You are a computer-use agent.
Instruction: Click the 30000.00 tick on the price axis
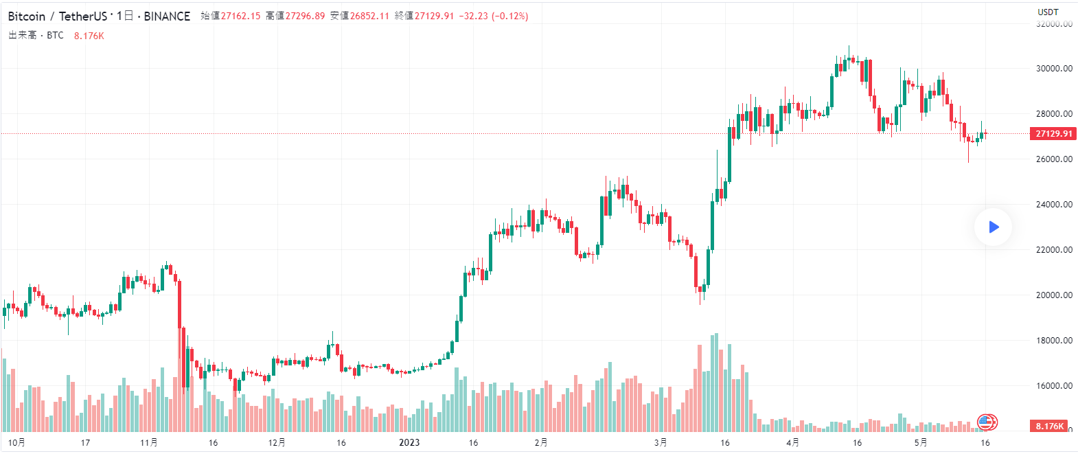click(1053, 69)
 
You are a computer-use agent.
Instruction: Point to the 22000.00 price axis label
click(1053, 250)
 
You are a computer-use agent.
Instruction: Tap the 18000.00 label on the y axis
click(1053, 341)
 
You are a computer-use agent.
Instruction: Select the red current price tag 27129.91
click(1053, 134)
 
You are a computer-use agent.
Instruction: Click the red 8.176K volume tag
click(1050, 427)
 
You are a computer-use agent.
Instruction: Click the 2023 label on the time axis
click(409, 442)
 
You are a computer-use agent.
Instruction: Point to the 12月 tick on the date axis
click(277, 442)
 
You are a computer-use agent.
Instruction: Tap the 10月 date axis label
click(16, 442)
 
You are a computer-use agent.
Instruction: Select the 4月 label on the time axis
click(792, 442)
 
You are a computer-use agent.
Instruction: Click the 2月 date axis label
click(541, 442)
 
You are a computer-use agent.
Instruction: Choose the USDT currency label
click(1048, 12)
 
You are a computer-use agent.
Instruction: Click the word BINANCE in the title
click(167, 16)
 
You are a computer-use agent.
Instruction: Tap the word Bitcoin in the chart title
click(26, 16)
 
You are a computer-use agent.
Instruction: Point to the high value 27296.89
click(305, 16)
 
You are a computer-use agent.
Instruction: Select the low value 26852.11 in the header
click(369, 16)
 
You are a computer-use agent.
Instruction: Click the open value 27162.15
click(240, 16)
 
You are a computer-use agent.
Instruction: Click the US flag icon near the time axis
click(987, 422)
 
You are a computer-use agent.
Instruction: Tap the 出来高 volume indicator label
click(23, 35)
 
